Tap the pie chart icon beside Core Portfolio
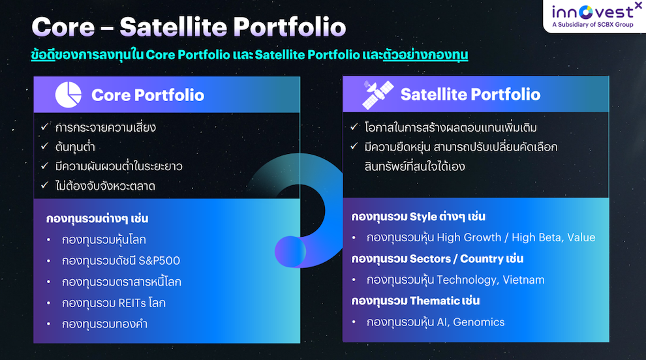click(69, 95)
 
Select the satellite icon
click(377, 95)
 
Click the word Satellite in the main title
click(173, 27)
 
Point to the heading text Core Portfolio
click(148, 95)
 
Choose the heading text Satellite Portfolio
click(470, 95)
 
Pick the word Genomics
click(479, 322)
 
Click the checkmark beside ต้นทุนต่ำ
click(44, 146)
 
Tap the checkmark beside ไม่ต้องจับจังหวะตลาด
click(44, 185)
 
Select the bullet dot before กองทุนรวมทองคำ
click(49, 324)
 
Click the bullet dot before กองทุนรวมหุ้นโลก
click(49, 240)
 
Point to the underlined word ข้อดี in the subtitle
click(43, 55)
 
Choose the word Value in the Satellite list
click(581, 237)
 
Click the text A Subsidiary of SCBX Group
click(593, 25)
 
